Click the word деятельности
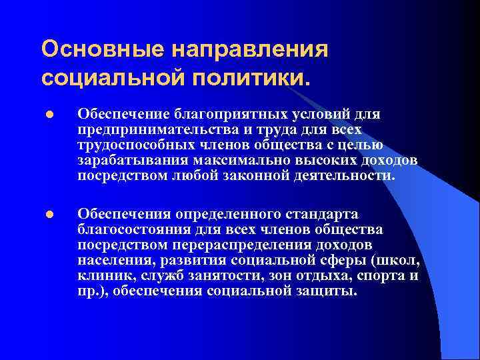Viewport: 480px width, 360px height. (346, 176)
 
